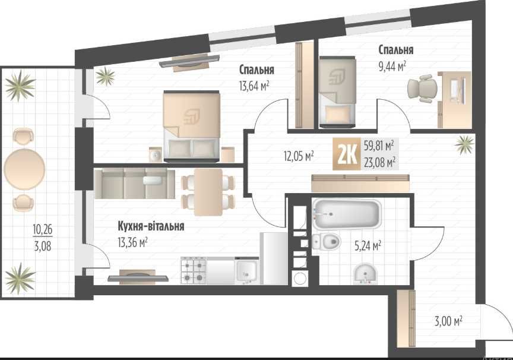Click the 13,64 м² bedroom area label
pos(254,86)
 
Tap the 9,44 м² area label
pos(392,67)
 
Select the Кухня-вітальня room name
pos(150,226)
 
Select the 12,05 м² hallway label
pos(299,156)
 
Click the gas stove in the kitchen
pos(194,271)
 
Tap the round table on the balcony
pos(24,168)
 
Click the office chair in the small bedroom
pos(423,89)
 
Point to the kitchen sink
pos(245,271)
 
